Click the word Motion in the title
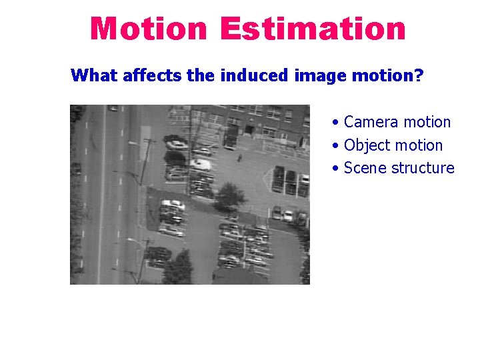tap(148, 29)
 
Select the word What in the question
tap(94, 75)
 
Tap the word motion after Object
tap(419, 145)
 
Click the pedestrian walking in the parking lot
tap(239, 157)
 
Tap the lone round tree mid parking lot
tap(230, 195)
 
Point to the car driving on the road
tap(113, 107)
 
